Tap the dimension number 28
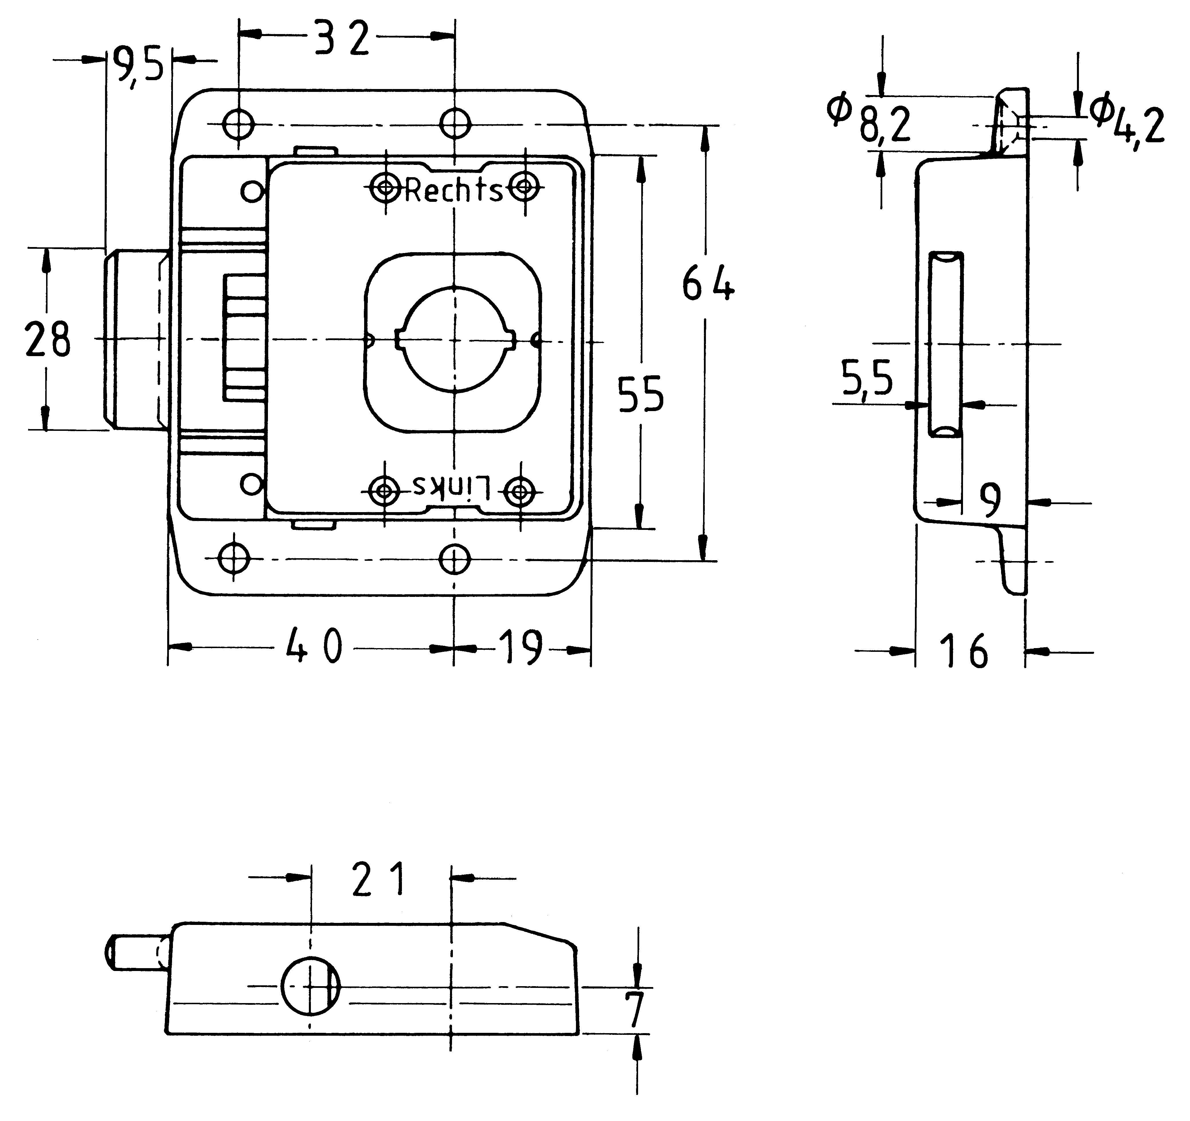click(x=48, y=339)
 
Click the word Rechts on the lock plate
click(x=454, y=190)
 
